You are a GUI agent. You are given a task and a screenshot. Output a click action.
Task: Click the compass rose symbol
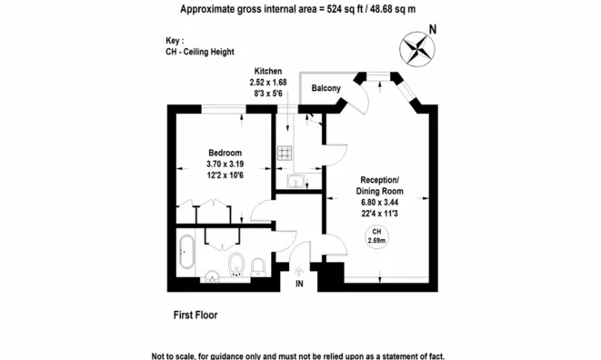(417, 49)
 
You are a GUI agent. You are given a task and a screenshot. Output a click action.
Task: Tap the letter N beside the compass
(433, 29)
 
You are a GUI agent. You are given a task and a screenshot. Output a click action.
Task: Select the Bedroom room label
(225, 153)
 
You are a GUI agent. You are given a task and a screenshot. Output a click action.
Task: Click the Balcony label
(326, 88)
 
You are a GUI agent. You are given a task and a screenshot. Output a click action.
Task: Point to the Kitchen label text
(268, 71)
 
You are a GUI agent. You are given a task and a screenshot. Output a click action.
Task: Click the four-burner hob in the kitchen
(285, 153)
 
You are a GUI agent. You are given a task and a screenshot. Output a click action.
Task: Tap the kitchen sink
(295, 181)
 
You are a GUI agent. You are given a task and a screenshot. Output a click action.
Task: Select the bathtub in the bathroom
(187, 252)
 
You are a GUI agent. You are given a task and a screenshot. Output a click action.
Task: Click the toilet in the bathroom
(236, 265)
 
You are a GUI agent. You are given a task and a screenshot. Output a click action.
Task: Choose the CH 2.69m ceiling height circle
(376, 236)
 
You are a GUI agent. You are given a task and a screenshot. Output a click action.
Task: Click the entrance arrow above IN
(299, 272)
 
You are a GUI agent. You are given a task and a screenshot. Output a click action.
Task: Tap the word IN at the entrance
(299, 284)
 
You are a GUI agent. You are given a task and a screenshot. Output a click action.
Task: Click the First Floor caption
(195, 315)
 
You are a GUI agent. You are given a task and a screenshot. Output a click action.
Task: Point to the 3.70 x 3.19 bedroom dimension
(225, 164)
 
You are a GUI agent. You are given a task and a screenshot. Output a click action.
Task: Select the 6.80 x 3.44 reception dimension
(379, 202)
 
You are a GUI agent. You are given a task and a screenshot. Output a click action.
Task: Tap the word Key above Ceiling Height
(173, 41)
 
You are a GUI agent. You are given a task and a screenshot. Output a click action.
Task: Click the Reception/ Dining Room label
(379, 185)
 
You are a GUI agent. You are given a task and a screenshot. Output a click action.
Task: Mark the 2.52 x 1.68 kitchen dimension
(268, 83)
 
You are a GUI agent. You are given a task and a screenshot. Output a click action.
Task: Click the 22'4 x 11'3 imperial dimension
(379, 213)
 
